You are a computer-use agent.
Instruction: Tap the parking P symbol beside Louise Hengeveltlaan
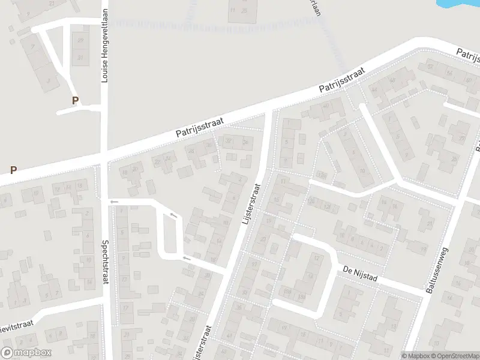(75, 101)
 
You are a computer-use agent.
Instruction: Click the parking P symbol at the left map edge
(13, 170)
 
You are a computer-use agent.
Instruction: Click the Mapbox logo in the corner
(26, 353)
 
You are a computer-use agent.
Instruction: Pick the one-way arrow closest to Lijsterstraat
(187, 258)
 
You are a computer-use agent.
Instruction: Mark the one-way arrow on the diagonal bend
(174, 215)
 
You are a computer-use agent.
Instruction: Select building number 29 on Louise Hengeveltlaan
(80, 40)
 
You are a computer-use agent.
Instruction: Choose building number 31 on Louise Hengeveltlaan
(80, 58)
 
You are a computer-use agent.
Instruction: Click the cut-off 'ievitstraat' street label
(15, 326)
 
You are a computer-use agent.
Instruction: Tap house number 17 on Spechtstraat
(125, 308)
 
